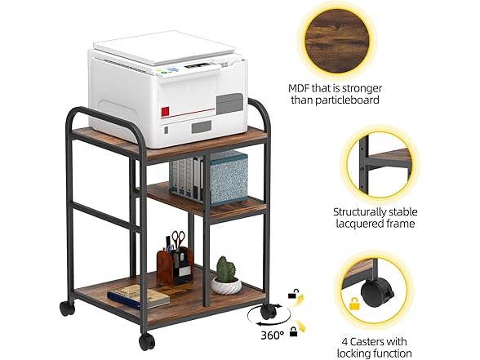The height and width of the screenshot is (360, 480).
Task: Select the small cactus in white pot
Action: (225, 275)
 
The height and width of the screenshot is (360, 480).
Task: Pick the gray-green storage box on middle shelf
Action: (228, 176)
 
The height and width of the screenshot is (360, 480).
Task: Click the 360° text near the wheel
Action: (251, 334)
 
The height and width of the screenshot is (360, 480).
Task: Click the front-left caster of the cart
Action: (147, 340)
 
